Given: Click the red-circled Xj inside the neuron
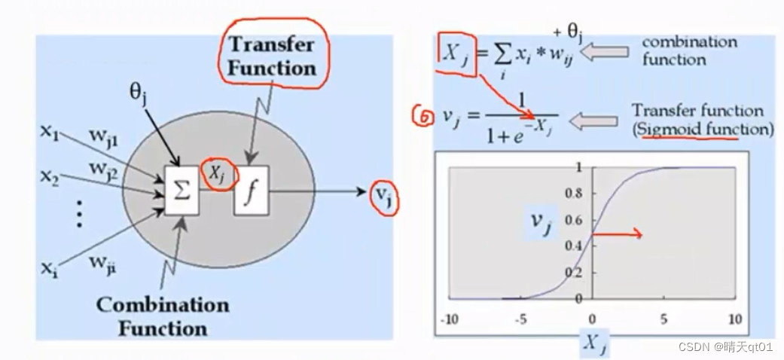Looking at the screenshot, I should (218, 175).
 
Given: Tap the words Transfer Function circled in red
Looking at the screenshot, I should (272, 56).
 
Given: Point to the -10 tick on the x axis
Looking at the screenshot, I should (449, 319).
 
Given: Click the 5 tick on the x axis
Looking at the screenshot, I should (664, 319).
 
